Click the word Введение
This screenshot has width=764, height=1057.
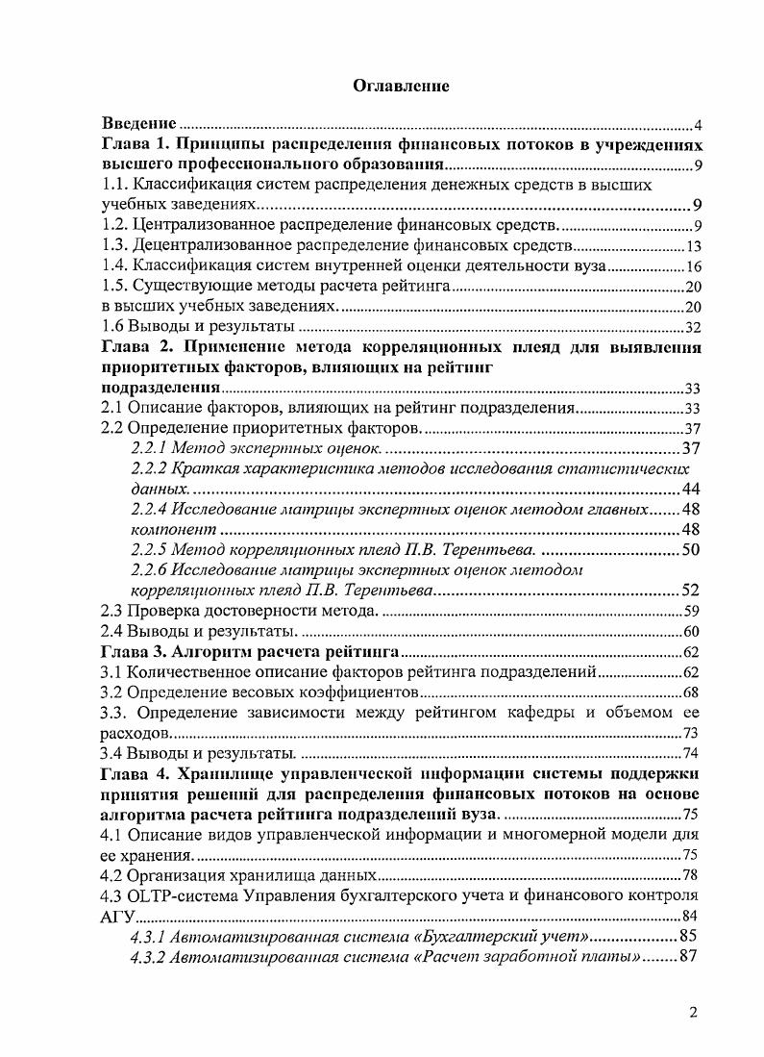(139, 124)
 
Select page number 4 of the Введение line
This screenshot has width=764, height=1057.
(700, 126)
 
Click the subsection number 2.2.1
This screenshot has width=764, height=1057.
(150, 448)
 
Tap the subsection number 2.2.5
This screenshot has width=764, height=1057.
(150, 550)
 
